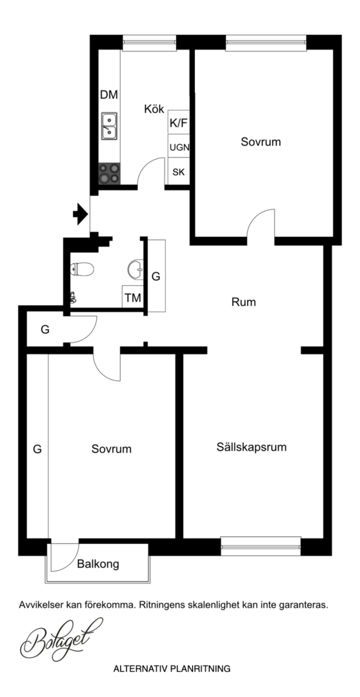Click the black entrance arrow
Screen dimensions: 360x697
[81, 214]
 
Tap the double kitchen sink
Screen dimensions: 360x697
[109, 126]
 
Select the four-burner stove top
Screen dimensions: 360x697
[109, 174]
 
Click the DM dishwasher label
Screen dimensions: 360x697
[109, 95]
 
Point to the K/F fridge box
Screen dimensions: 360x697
[179, 121]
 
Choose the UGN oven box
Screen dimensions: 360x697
[179, 146]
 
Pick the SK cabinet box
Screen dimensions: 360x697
[179, 172]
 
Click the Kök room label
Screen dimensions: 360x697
[154, 109]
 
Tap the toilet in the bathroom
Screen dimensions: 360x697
[82, 269]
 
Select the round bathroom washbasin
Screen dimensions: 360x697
[135, 268]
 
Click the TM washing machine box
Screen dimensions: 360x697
[133, 297]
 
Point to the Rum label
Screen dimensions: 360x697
[244, 302]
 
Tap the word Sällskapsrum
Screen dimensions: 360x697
[252, 447]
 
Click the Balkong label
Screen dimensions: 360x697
[98, 565]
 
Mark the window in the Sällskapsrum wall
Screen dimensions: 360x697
[261, 547]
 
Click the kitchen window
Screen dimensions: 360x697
[149, 43]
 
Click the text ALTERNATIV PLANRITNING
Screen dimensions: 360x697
[172, 669]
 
